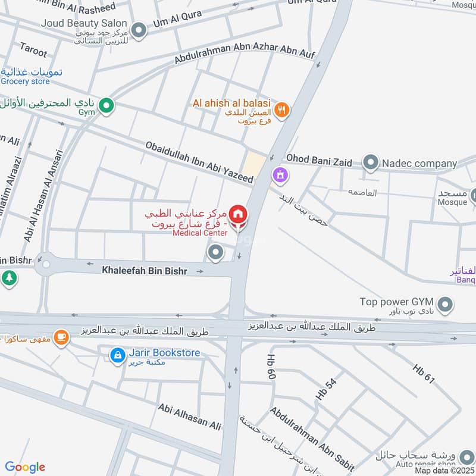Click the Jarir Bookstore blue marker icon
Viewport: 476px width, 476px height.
pyautogui.click(x=118, y=356)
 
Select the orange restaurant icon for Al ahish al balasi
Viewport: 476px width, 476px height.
pyautogui.click(x=283, y=109)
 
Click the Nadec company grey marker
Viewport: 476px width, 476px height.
pyautogui.click(x=371, y=162)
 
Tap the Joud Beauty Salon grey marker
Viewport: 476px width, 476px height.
pyautogui.click(x=139, y=30)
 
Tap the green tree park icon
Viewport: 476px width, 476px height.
pyautogui.click(x=8, y=278)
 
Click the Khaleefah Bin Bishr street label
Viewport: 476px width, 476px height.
pyautogui.click(x=145, y=271)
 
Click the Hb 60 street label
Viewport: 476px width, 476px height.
pyautogui.click(x=271, y=367)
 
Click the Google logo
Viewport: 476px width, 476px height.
pyautogui.click(x=25, y=467)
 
